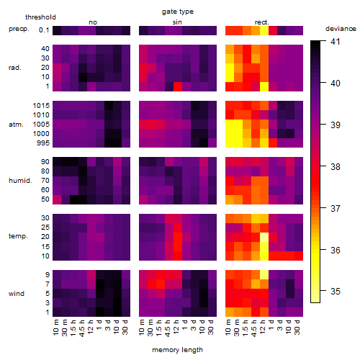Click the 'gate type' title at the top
tap(178, 12)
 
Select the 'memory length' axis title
tap(178, 350)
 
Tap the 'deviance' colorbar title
tap(341, 29)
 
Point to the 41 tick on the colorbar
tap(336, 42)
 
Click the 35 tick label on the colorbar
tap(336, 292)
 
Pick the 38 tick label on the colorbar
tap(336, 166)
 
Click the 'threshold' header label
tap(40, 17)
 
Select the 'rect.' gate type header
tap(262, 22)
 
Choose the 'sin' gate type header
tap(177, 22)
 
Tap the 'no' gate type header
tap(93, 22)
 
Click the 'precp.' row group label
tap(19, 29)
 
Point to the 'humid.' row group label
tap(20, 181)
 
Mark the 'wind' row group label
tap(17, 294)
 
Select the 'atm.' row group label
tap(16, 125)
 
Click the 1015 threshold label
tap(41, 106)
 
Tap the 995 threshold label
tap(43, 143)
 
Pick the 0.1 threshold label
tap(44, 30)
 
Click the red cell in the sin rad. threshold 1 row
tap(178, 86)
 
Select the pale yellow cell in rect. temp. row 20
tap(264, 237)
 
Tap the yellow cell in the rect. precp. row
tap(264, 30)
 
